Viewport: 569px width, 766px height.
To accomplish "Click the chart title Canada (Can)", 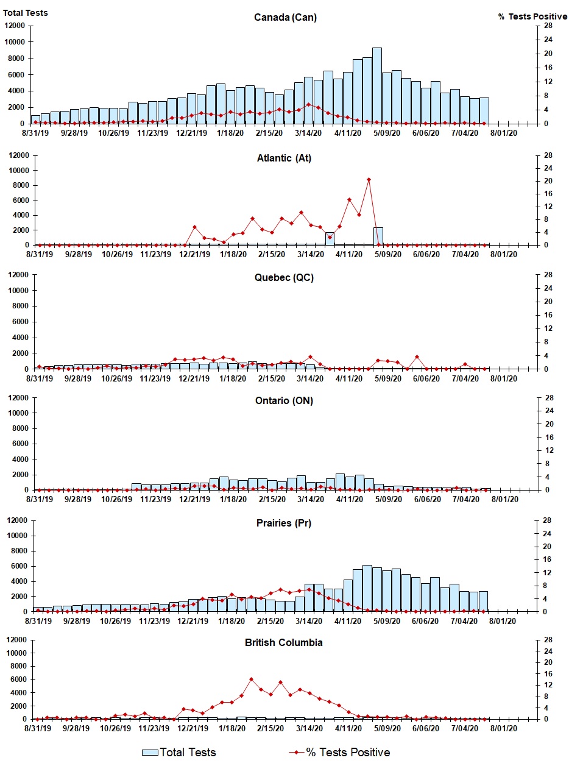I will [285, 17].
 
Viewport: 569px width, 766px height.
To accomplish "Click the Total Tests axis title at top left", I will [26, 13].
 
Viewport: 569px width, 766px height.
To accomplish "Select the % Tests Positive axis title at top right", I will [532, 16].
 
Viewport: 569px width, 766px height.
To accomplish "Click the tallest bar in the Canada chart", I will [377, 85].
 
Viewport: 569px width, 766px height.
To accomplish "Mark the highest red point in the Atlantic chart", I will [369, 180].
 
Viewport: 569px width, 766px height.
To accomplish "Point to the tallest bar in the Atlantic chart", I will [378, 236].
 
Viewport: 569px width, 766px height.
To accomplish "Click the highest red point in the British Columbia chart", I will [251, 679].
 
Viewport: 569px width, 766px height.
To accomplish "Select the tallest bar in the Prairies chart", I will [367, 588].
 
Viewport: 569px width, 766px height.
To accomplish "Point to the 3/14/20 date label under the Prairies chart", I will [309, 621].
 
